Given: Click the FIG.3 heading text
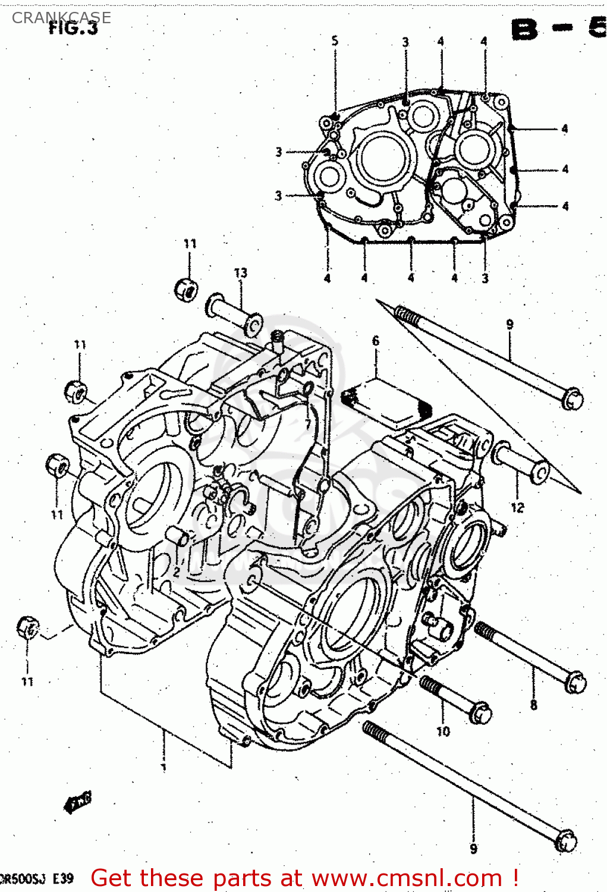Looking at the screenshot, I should coord(73,28).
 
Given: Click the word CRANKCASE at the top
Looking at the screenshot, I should coord(61,17).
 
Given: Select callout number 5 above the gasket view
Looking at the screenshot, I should coord(335,40).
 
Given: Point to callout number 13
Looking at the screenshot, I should coord(240,273).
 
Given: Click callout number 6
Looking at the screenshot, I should coord(375,341).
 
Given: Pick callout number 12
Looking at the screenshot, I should coord(517,507).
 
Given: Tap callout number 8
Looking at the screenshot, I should coord(533,705).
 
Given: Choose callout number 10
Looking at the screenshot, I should coord(443,731).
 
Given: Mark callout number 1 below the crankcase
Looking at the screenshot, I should coord(164,767).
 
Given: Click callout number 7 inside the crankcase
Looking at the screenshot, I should coord(307,423).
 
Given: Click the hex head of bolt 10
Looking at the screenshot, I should coord(480,712).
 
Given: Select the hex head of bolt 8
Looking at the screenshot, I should coord(575,682).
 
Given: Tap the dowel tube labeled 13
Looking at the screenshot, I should coord(232,313).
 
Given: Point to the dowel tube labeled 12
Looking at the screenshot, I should coord(520,461).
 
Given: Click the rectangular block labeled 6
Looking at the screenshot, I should coord(386,401).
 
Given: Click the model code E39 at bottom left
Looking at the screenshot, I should coord(62,878).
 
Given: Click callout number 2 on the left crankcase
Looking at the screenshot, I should coord(177,573).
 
